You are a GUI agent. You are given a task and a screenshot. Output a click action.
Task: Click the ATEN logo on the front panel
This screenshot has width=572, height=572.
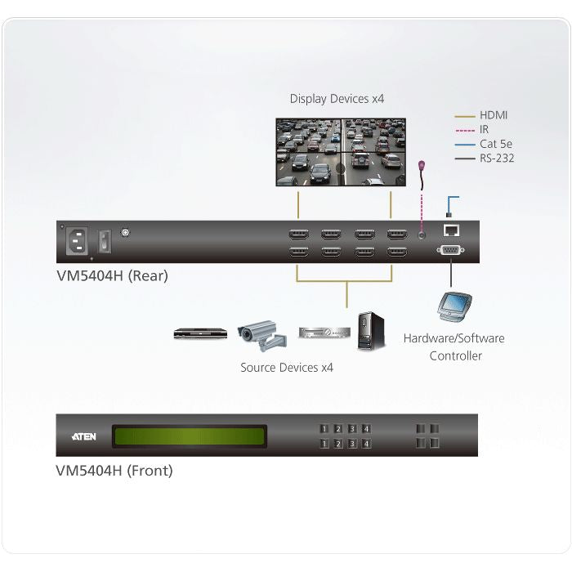point(84,436)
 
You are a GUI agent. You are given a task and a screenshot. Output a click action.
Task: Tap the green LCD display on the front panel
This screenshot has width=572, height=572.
point(190,436)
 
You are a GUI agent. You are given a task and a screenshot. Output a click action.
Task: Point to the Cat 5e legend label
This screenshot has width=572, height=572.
point(496,144)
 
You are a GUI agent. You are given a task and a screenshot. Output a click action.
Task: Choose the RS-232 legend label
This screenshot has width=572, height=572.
point(497,159)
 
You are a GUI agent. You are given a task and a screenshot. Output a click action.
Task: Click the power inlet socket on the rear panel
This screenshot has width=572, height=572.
point(77,241)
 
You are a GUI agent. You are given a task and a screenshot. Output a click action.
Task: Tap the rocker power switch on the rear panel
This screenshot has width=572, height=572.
point(105,241)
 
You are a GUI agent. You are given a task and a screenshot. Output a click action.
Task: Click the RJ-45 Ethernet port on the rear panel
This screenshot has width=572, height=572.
point(451,230)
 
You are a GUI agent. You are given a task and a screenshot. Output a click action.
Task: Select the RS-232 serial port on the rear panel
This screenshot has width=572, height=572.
point(450,250)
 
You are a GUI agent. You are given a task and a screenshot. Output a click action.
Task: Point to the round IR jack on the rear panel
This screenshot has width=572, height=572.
point(422,235)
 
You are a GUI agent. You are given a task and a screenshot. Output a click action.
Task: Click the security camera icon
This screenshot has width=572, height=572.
point(262,335)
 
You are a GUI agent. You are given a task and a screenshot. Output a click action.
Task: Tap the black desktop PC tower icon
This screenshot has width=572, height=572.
point(371,331)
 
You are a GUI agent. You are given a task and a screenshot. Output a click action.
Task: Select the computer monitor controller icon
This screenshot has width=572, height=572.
point(454,306)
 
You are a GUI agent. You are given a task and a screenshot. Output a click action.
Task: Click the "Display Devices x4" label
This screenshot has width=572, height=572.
point(337,99)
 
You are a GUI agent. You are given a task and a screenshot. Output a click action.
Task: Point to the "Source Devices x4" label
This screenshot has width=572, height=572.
point(287,368)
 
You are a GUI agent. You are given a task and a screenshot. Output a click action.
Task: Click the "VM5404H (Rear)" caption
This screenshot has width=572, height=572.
point(113,276)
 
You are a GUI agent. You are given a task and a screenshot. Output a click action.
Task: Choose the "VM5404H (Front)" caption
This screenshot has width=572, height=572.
point(114,471)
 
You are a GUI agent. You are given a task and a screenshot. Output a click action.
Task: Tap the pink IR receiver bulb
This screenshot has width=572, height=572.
point(422,166)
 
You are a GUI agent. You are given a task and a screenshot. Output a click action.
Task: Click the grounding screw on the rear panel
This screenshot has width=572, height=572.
point(125,232)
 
